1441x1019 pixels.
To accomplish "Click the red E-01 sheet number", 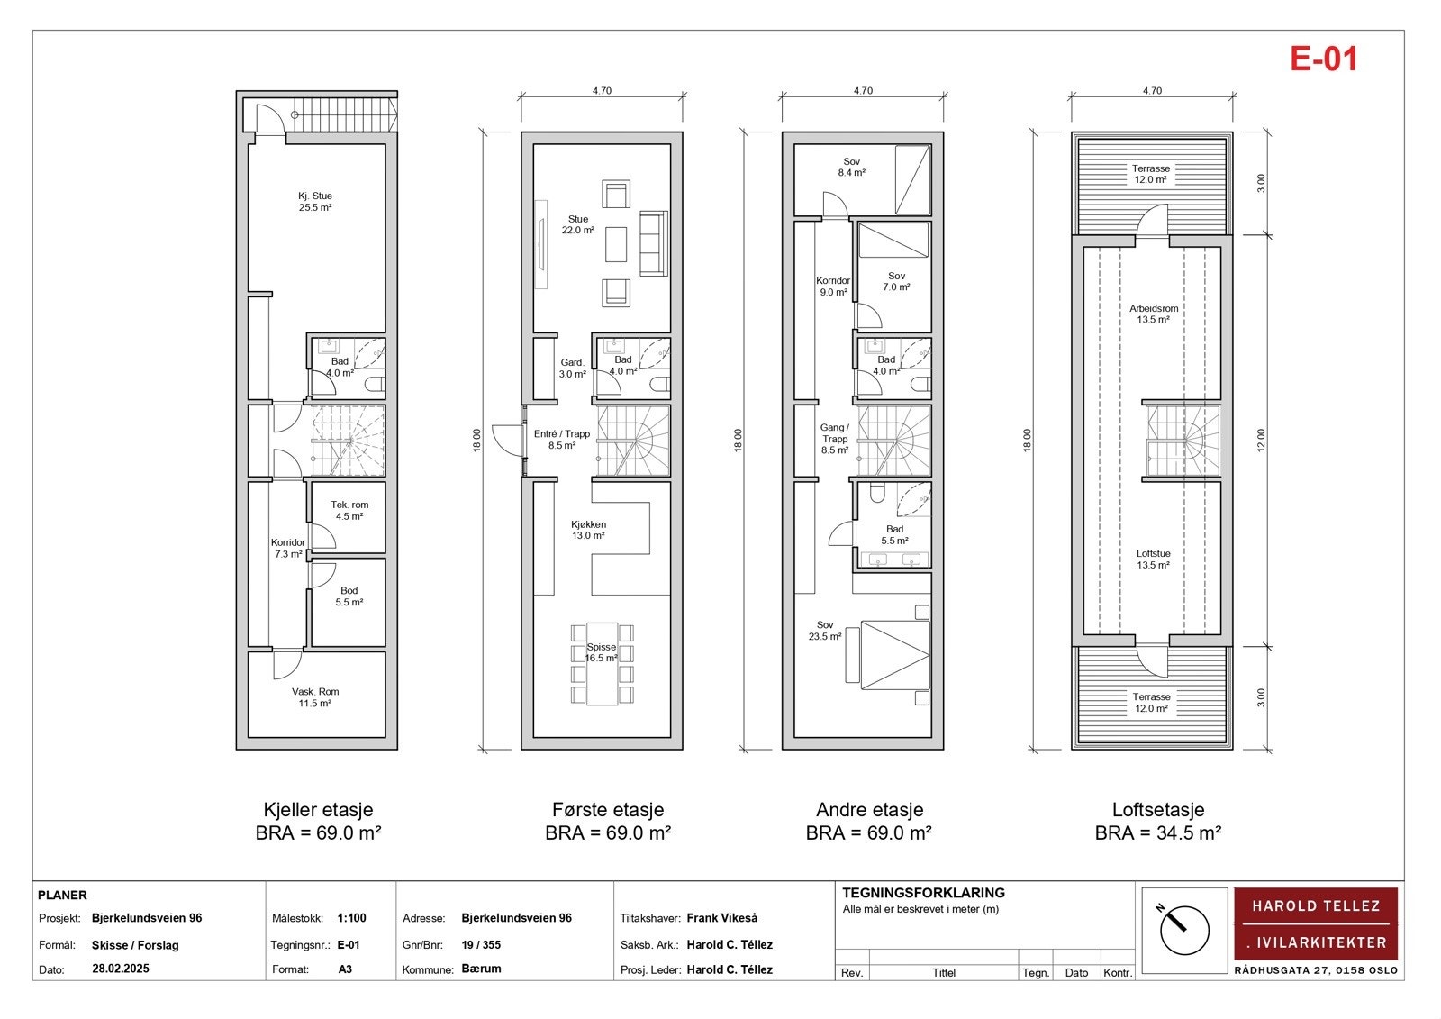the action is click(x=1324, y=59).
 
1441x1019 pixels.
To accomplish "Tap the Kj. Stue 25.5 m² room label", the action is click(x=315, y=202).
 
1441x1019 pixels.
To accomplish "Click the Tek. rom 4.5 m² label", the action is click(x=349, y=511).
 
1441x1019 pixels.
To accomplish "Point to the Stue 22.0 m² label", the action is click(x=577, y=224).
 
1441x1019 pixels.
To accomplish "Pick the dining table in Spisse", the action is click(x=603, y=664).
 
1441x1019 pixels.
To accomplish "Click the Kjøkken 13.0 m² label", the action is click(x=588, y=530).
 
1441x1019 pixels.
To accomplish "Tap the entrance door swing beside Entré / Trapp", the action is click(x=508, y=441).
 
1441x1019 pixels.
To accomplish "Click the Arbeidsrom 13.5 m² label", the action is click(x=1154, y=314).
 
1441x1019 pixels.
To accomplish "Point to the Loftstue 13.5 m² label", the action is click(x=1153, y=560).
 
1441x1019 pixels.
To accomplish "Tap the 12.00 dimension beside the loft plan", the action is click(x=1261, y=441).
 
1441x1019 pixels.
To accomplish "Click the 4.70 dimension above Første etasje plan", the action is click(x=603, y=91).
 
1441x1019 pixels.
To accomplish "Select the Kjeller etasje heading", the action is click(x=318, y=809).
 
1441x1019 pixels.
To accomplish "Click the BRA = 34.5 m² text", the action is click(x=1158, y=833).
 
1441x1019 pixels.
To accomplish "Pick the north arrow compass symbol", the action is click(x=1184, y=930).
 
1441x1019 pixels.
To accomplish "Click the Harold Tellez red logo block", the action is click(x=1316, y=923).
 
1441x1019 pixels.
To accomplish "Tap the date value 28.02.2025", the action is click(x=121, y=969).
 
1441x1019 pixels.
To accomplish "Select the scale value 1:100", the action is click(x=351, y=918).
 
